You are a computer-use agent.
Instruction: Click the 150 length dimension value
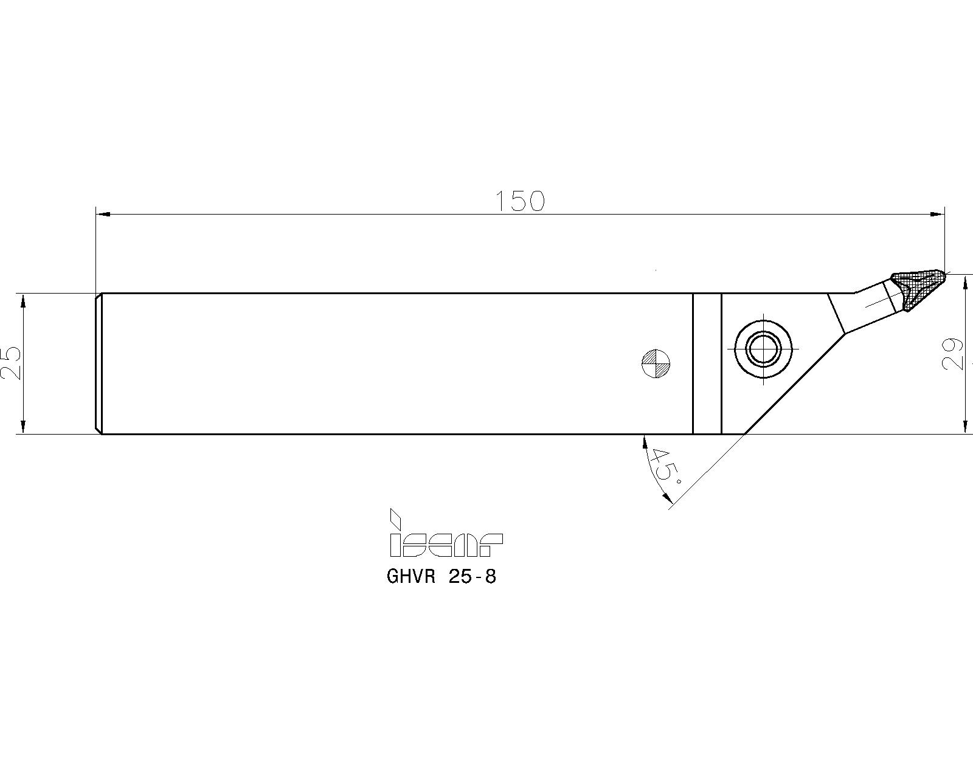tap(520, 201)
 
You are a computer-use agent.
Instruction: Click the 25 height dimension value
tap(11, 363)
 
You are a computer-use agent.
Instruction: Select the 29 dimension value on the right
tap(953, 353)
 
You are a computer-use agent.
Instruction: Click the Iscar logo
tap(445, 534)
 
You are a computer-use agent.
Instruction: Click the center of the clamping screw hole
tap(764, 349)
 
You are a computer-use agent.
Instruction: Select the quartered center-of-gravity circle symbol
tap(656, 363)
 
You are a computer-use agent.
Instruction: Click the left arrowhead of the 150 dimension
tap(103, 214)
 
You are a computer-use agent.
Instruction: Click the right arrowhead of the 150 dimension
tap(937, 214)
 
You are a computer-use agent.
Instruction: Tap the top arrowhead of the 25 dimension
tap(23, 300)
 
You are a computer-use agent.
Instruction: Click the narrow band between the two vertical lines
tap(707, 363)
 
